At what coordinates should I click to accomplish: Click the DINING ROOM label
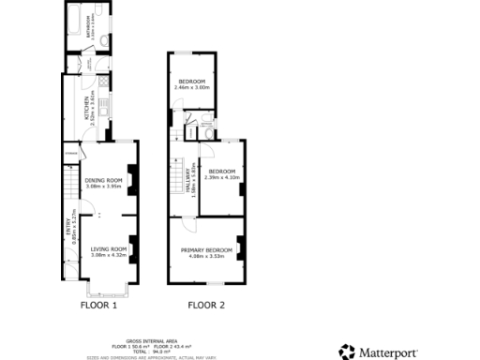tap(104, 180)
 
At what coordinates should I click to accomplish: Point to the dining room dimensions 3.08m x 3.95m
tap(104, 187)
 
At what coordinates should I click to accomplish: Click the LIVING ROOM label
tap(108, 247)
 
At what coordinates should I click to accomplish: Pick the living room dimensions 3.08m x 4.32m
tap(108, 254)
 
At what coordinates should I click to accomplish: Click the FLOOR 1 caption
tap(98, 306)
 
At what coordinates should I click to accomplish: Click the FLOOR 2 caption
tap(206, 306)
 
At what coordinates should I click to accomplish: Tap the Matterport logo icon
tap(347, 352)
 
